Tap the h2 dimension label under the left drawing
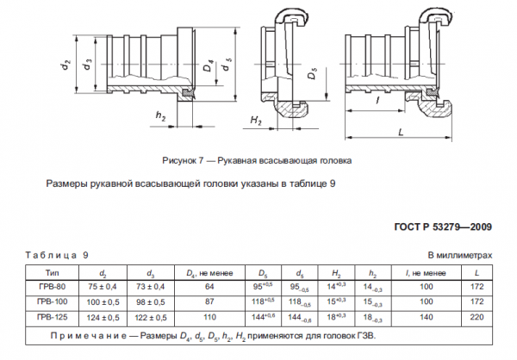(160, 116)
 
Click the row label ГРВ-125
(52, 317)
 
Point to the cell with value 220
(475, 317)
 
